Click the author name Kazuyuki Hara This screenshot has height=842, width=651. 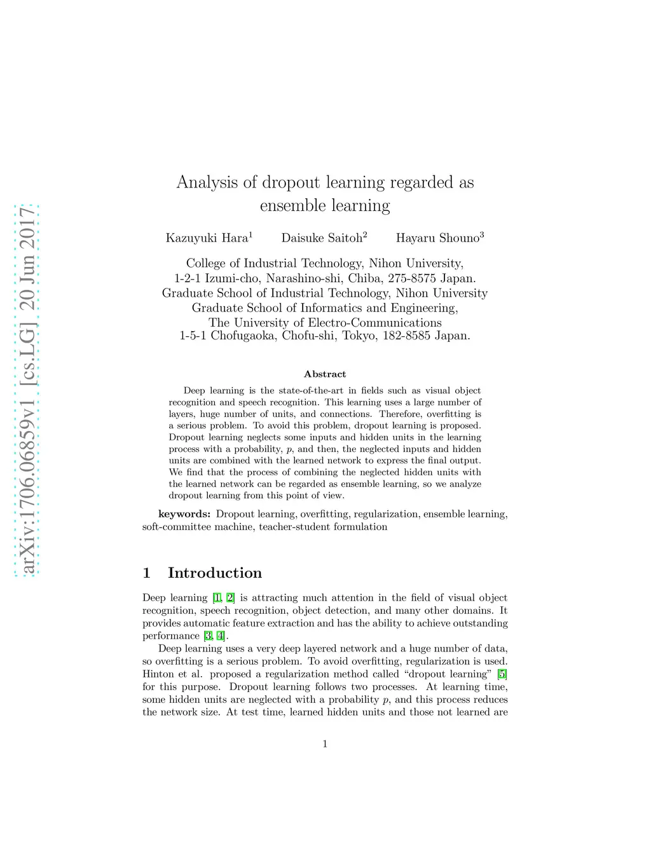click(207, 238)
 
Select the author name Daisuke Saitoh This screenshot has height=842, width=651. click(322, 238)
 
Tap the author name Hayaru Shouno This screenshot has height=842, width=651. click(437, 238)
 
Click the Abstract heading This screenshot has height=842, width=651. click(325, 374)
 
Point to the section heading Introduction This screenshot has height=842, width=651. click(214, 573)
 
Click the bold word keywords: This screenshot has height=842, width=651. click(184, 514)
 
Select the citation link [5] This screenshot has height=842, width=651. click(502, 674)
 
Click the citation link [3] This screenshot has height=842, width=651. click(208, 636)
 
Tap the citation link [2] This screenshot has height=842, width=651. click(230, 598)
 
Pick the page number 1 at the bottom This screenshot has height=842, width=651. click(325, 744)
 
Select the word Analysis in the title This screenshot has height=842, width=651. click(207, 182)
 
